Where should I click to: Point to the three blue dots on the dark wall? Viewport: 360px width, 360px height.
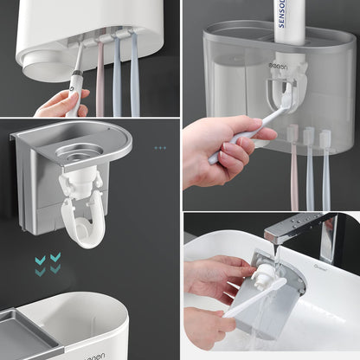pyautogui.click(x=159, y=149)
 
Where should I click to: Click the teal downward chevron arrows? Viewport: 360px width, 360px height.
pyautogui.click(x=48, y=262)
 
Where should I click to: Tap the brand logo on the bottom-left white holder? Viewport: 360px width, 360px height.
pyautogui.click(x=87, y=356)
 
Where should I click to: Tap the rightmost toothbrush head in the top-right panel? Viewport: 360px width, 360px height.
pyautogui.click(x=325, y=139)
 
